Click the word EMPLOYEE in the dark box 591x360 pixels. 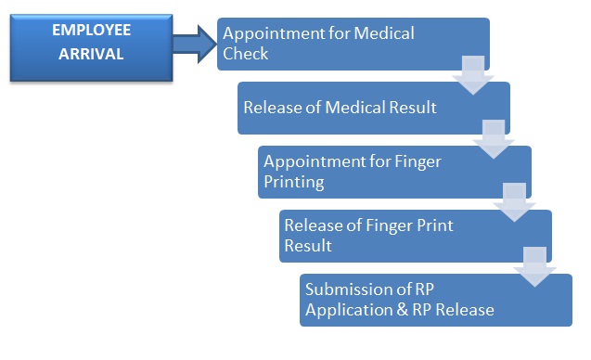pyautogui.click(x=91, y=31)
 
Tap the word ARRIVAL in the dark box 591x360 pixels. pyautogui.click(x=91, y=54)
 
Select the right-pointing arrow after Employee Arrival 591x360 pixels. pyautogui.click(x=195, y=44)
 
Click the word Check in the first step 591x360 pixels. pyautogui.click(x=245, y=54)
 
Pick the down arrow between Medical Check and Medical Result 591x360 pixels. pyautogui.click(x=473, y=75)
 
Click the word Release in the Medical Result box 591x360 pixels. pyautogui.click(x=272, y=108)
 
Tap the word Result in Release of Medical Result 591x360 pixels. pyautogui.click(x=413, y=108)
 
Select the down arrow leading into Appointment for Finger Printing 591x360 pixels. pyautogui.click(x=494, y=139)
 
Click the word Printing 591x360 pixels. pyautogui.click(x=294, y=183)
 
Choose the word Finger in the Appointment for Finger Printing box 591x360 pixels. pyautogui.click(x=418, y=162)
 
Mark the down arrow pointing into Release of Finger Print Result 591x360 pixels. pyautogui.click(x=514, y=202)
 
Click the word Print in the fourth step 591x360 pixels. pyautogui.click(x=434, y=225)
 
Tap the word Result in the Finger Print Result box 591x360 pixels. pyautogui.click(x=308, y=246)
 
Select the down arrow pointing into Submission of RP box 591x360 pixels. pyautogui.click(x=534, y=266)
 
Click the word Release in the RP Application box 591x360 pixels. pyautogui.click(x=465, y=310)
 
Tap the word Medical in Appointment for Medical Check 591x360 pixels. pyautogui.click(x=384, y=33)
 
